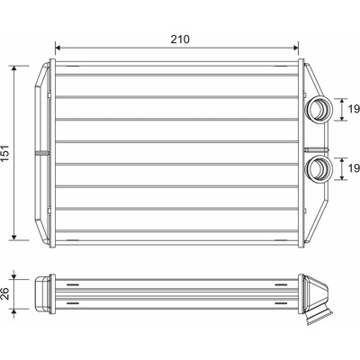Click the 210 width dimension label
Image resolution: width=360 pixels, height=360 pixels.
[x=180, y=40]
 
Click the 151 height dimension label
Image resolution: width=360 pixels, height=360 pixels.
[x=5, y=154]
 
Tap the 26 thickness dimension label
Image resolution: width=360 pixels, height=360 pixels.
[x=5, y=293]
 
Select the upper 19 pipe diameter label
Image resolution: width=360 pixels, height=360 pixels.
[x=354, y=109]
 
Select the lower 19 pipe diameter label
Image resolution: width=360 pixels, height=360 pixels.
[x=354, y=168]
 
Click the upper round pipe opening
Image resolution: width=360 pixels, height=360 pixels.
[x=319, y=109]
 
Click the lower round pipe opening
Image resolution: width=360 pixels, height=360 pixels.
[x=319, y=168]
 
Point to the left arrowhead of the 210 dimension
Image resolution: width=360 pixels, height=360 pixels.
[x=58, y=48]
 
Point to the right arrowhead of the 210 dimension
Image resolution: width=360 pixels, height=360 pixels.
[x=296, y=48]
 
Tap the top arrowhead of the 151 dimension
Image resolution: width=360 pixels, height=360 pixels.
[x=13, y=68]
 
